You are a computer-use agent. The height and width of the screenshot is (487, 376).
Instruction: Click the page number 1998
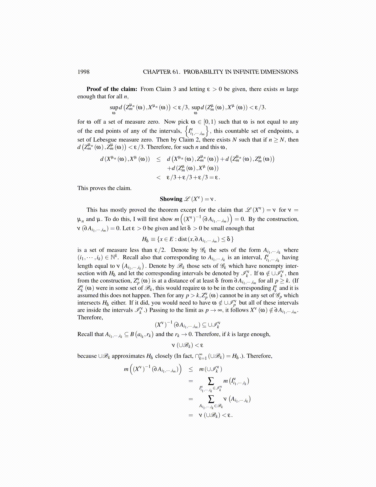(x=83, y=72)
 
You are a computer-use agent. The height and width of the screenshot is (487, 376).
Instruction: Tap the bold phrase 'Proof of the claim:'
(x=112, y=89)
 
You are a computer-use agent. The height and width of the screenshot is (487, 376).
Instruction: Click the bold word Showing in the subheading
(x=171, y=199)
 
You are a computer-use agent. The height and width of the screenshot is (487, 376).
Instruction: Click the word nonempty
(x=270, y=266)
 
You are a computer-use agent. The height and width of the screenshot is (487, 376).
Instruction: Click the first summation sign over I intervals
(x=211, y=381)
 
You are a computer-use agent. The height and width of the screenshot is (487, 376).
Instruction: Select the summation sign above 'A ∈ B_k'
(x=211, y=399)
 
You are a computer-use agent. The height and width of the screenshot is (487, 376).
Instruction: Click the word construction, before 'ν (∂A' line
(x=282, y=219)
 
